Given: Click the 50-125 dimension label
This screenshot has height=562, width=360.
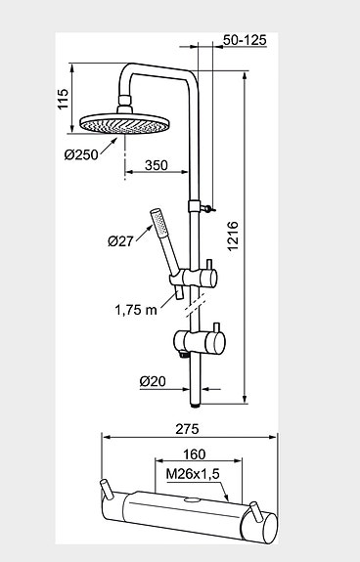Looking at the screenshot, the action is [x=245, y=40].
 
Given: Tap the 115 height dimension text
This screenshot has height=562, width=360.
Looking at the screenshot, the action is [x=63, y=99].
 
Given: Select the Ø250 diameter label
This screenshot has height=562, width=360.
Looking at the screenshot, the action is [x=81, y=154].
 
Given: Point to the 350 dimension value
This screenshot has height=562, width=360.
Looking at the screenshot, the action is [x=156, y=165].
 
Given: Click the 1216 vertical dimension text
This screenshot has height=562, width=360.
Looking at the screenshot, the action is [x=233, y=236].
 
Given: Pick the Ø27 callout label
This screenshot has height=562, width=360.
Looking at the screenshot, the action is [x=120, y=241].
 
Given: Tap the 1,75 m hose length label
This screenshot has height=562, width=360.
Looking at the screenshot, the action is [x=136, y=310].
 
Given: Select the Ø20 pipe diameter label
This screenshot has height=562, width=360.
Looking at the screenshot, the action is [x=153, y=381].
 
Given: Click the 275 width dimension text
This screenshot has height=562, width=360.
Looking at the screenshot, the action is [x=187, y=429].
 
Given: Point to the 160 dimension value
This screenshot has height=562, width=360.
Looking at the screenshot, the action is [x=195, y=454].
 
